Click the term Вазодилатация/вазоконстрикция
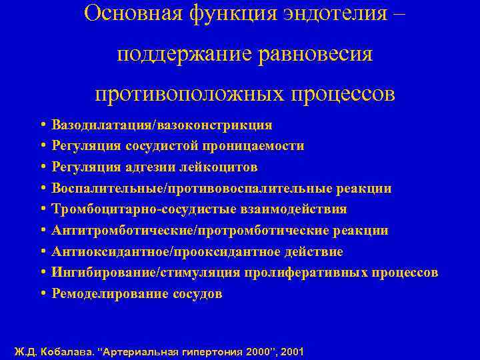point(162,125)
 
